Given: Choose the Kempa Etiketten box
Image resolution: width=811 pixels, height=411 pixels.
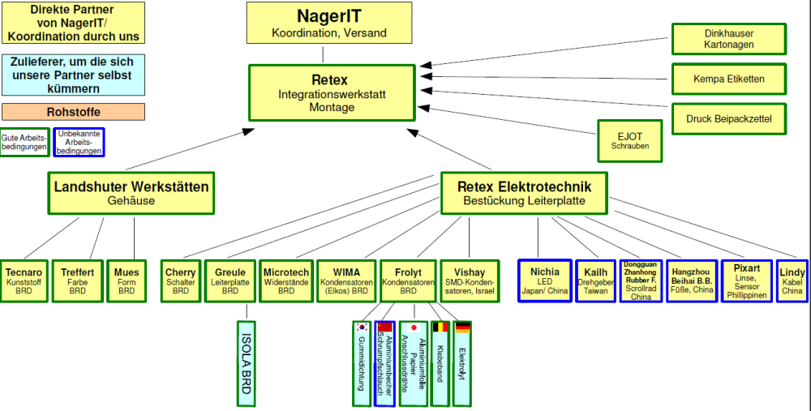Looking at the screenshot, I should (x=729, y=79).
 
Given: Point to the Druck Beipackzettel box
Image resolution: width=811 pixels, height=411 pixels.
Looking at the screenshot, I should (x=729, y=119).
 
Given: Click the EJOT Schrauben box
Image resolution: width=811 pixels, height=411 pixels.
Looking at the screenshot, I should (x=629, y=139).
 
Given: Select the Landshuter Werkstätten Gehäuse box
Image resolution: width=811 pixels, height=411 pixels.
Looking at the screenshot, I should (x=131, y=193).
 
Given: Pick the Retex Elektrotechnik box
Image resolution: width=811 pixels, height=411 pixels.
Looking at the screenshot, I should (x=524, y=193).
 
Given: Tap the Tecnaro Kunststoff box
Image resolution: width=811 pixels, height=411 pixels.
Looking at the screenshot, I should (x=24, y=280).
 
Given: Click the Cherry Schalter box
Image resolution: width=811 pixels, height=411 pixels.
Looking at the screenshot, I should (x=180, y=280).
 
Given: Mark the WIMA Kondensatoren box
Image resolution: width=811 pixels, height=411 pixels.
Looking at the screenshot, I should (x=344, y=280).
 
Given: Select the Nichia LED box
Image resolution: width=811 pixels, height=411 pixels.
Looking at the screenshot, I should (x=544, y=280).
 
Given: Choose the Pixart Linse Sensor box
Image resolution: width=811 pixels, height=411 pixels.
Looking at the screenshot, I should (x=746, y=280).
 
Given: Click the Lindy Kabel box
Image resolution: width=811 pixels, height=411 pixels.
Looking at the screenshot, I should (x=792, y=280).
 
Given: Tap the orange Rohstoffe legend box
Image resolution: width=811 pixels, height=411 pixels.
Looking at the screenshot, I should (x=73, y=112).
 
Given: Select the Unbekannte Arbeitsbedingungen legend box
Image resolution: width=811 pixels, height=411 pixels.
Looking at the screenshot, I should (x=79, y=143).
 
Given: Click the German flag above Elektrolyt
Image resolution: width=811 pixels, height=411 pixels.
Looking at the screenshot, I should (x=463, y=328).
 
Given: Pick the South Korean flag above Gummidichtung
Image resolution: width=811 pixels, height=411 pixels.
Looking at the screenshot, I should (x=362, y=328).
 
